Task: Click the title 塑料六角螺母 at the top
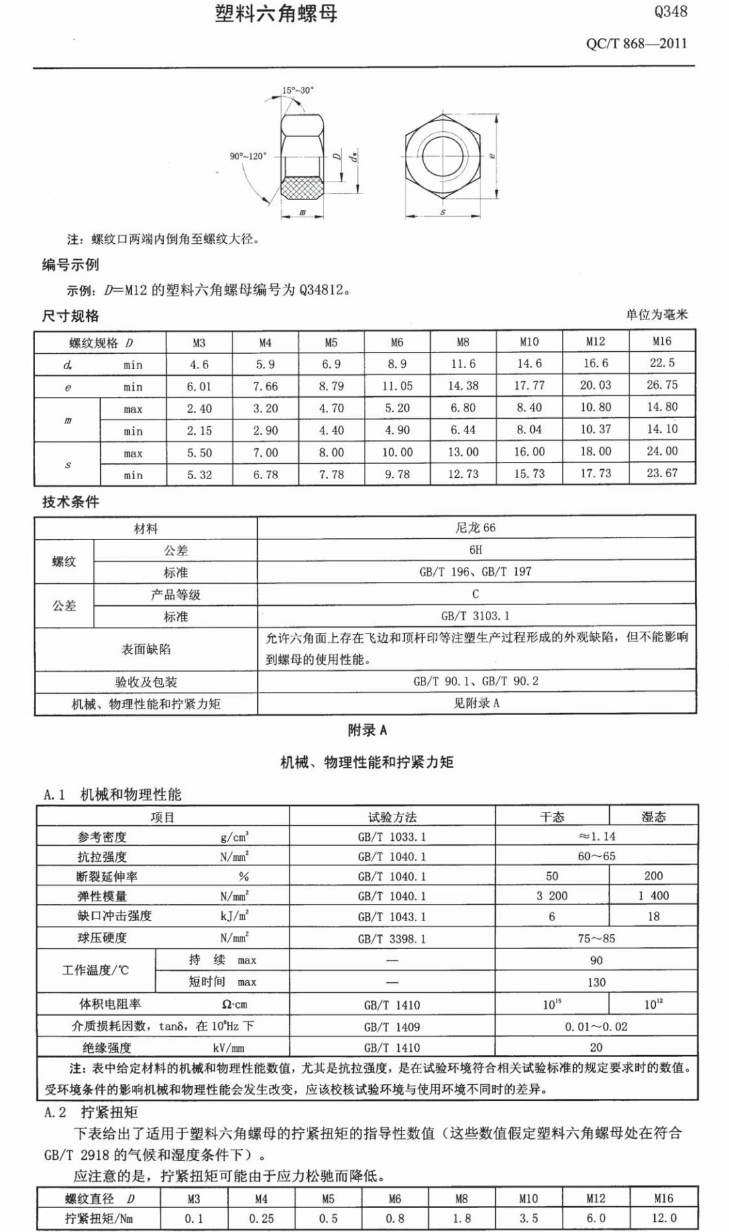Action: pyautogui.click(x=276, y=14)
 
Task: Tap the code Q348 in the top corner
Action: pyautogui.click(x=670, y=11)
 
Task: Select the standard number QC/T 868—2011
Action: pyautogui.click(x=636, y=44)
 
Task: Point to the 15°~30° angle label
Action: pyautogui.click(x=298, y=90)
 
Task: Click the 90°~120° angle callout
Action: pyautogui.click(x=248, y=156)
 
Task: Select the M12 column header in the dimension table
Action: pyautogui.click(x=595, y=341)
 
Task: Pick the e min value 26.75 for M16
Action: pyautogui.click(x=662, y=385)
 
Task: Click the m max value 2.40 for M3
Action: pyautogui.click(x=199, y=409)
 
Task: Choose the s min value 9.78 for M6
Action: pyautogui.click(x=396, y=475)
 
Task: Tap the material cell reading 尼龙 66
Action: pyautogui.click(x=475, y=528)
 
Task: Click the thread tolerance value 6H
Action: pyautogui.click(x=475, y=549)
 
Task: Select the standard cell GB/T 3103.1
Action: pyautogui.click(x=475, y=616)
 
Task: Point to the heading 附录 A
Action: pyautogui.click(x=367, y=730)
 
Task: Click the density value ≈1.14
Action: pyautogui.click(x=596, y=836)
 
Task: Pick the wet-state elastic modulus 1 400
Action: pyautogui.click(x=653, y=896)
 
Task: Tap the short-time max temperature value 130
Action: pyautogui.click(x=596, y=982)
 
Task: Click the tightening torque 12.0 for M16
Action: pyautogui.click(x=663, y=1218)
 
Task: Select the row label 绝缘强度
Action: pyautogui.click(x=107, y=1048)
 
